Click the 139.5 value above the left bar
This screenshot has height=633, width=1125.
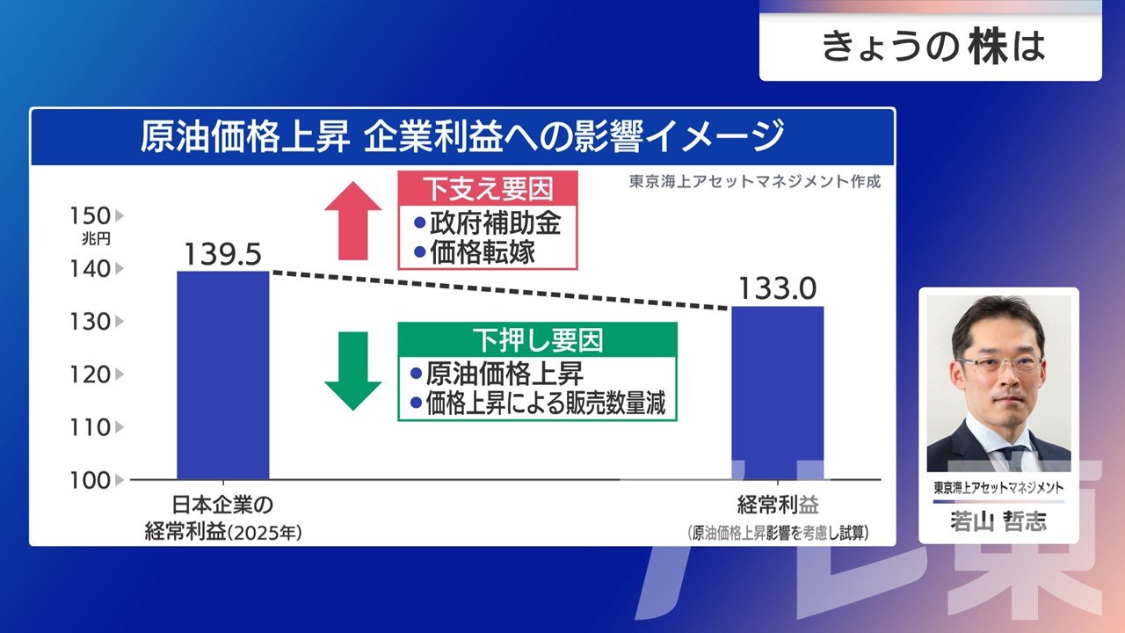click(x=222, y=254)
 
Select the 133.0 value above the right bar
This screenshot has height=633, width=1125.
click(x=778, y=289)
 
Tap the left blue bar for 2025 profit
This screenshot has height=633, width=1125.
click(x=223, y=375)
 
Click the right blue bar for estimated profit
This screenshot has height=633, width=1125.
click(x=778, y=393)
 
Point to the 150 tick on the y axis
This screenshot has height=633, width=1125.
click(x=90, y=216)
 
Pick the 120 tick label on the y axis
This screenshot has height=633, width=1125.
click(x=90, y=375)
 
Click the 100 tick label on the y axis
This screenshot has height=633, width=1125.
click(x=90, y=481)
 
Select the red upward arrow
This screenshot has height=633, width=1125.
click(x=353, y=221)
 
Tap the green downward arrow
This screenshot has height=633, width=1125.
click(x=353, y=371)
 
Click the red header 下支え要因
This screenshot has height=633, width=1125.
click(x=488, y=188)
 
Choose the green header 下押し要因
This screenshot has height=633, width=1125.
click(x=537, y=340)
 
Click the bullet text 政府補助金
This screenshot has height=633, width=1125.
click(x=495, y=223)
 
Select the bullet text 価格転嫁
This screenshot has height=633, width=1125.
click(x=483, y=252)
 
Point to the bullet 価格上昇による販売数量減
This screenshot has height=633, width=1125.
click(x=546, y=403)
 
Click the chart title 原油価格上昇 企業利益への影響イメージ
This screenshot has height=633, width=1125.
click(x=461, y=136)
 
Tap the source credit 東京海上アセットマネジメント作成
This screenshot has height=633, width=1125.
click(x=755, y=181)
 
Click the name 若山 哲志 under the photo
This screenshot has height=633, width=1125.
click(x=998, y=521)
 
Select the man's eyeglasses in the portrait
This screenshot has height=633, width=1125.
click(x=999, y=364)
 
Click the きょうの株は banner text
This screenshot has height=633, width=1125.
click(x=933, y=47)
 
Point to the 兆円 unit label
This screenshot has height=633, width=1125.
click(x=96, y=238)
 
